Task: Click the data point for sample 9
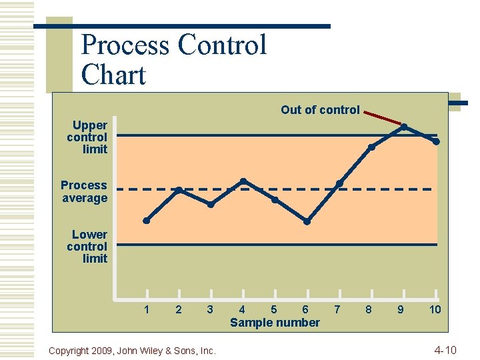[404, 126]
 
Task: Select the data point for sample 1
[147, 221]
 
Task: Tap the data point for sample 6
[307, 221]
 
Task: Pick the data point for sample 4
[243, 181]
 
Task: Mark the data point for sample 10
[436, 141]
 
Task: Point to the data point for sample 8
[371, 147]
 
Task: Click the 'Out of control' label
[320, 110]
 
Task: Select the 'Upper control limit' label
[87, 137]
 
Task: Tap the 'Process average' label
[84, 191]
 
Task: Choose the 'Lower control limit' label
[87, 246]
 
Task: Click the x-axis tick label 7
[337, 309]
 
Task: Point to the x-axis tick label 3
[210, 309]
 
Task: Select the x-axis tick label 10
[435, 309]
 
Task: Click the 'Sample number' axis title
[275, 323]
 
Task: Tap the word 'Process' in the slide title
[125, 45]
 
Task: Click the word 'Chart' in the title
[113, 75]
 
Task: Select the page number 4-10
[445, 350]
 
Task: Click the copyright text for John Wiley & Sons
[133, 351]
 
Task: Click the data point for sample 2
[179, 190]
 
